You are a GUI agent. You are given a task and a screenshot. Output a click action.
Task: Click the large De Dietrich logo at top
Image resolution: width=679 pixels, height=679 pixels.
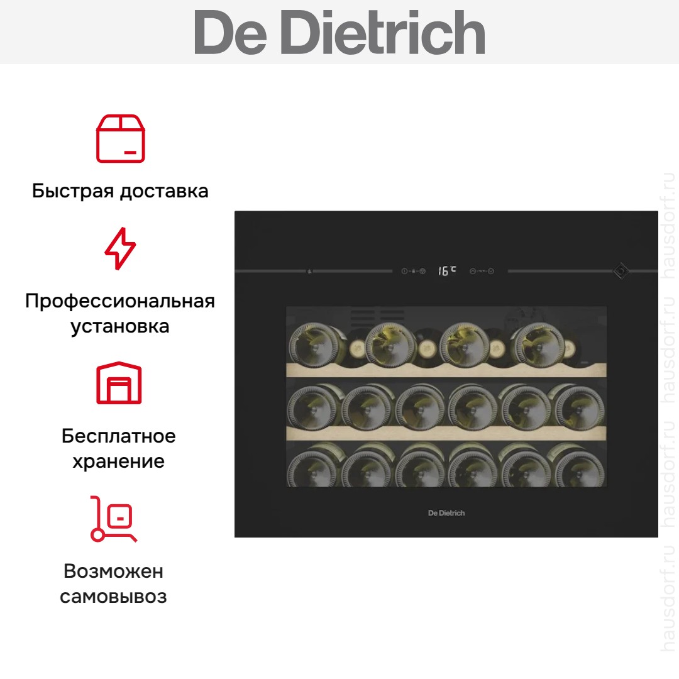(339, 32)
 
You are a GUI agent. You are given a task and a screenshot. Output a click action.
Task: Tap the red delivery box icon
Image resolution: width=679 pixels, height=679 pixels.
(120, 138)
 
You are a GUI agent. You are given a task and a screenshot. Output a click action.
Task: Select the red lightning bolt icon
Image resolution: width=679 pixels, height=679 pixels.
(120, 248)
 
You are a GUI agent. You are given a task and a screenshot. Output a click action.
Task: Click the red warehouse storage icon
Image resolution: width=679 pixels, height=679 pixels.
(119, 383)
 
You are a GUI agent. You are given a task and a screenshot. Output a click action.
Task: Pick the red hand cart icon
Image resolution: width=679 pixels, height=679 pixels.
(113, 519)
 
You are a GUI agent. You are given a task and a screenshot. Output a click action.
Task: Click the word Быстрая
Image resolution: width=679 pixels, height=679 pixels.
(73, 191)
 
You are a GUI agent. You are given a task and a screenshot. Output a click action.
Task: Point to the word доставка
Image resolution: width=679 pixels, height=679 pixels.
(164, 191)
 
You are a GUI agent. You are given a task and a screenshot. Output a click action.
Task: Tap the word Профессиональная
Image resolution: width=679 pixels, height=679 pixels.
(120, 301)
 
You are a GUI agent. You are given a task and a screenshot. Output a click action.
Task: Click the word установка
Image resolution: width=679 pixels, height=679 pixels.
(120, 326)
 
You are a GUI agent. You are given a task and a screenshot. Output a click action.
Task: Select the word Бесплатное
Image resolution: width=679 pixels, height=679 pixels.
(119, 436)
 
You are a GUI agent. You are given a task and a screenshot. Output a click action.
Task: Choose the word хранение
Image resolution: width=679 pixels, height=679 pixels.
(119, 461)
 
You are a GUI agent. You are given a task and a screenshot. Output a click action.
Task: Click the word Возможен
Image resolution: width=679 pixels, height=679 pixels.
(113, 571)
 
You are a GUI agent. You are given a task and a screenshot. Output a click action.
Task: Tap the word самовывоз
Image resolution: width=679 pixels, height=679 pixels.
(113, 597)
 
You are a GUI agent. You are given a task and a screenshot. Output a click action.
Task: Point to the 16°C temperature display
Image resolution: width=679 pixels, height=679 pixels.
(447, 270)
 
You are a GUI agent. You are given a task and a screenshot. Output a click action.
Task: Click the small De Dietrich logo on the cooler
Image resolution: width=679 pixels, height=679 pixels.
(446, 513)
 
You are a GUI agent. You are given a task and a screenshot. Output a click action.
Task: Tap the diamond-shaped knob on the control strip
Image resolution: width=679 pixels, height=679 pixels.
(621, 271)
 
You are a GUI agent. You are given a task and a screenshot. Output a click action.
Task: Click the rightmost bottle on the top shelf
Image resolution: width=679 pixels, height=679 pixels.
(538, 345)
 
